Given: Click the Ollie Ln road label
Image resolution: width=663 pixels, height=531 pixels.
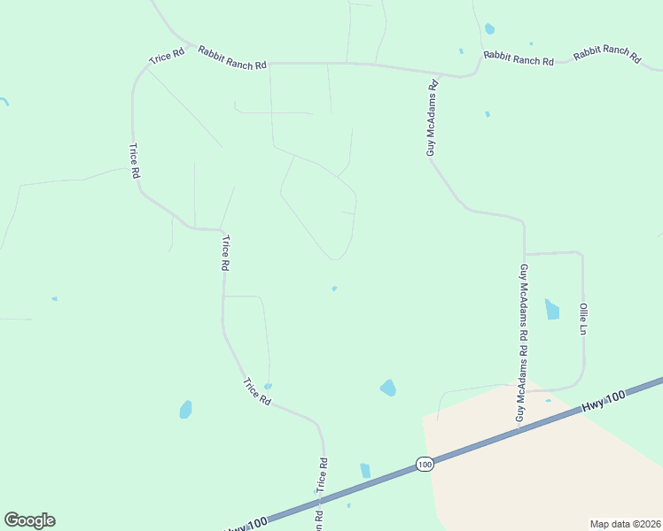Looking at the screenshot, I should point(583,319).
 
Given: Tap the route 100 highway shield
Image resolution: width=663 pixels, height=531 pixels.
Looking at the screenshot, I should point(425,464).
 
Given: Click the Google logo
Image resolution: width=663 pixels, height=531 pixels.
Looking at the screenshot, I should point(29,520).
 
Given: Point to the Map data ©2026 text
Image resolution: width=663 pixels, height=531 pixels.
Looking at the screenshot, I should point(624,524).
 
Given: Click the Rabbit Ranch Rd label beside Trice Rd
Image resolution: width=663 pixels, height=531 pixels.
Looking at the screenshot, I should point(231,58).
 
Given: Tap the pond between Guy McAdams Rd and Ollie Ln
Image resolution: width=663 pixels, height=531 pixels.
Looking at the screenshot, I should point(553,309).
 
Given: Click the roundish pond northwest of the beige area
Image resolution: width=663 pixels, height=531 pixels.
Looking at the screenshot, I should point(387,388).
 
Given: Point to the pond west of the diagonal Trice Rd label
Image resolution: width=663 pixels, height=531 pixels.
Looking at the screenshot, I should point(185,409).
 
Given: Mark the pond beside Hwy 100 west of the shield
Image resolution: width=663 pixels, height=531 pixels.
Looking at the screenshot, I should point(365,470).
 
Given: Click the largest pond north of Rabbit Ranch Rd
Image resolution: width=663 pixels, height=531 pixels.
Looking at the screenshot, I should point(489,29).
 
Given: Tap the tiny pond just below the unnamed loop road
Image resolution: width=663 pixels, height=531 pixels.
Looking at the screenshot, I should point(333,288).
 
